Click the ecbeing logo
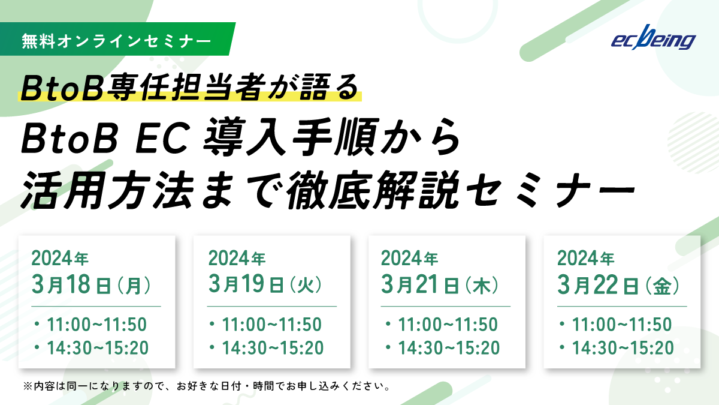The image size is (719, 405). point(653,38)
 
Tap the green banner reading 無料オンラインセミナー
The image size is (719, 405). point(117,39)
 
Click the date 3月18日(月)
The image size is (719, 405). point(91,285)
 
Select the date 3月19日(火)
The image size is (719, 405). point(265,284)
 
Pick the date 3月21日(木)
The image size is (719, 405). point(440,285)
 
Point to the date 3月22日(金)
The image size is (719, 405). point(618,285)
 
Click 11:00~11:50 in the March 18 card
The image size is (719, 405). point(96,325)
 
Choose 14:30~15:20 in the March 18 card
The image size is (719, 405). point(98,348)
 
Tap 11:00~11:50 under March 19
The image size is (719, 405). point(271,325)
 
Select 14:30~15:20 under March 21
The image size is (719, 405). point(449,348)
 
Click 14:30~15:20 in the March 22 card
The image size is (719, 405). point(623,348)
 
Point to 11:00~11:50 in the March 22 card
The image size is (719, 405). point(622,325)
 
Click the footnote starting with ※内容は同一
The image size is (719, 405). point(207,386)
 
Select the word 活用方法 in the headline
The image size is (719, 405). point(107,190)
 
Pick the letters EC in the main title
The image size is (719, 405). point(161,138)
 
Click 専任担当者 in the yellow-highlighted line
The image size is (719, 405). point(187,88)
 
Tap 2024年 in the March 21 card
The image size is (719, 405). point(409,259)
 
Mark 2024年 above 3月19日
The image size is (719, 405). point(237,259)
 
